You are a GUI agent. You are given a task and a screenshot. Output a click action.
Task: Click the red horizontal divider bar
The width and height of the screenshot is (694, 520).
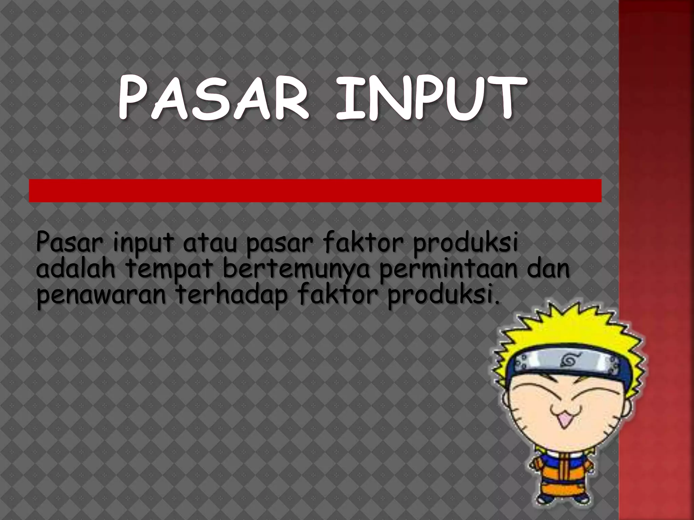tap(315, 191)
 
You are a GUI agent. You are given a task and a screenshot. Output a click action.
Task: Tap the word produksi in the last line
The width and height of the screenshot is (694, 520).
tap(440, 296)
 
